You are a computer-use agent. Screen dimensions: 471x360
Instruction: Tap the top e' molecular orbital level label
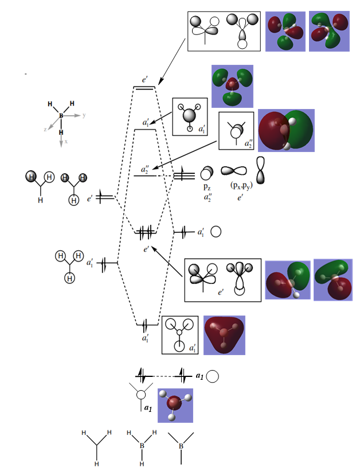[145, 80]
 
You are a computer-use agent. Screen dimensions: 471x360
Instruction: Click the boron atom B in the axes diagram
[61, 115]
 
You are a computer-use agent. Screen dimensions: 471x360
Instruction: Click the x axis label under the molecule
[66, 141]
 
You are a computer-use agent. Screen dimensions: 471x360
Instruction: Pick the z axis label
[45, 130]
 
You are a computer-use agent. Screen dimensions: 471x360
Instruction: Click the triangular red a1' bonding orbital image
[224, 334]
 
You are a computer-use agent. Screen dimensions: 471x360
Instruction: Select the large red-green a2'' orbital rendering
[286, 130]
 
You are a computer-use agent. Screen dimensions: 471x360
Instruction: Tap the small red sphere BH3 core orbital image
[175, 405]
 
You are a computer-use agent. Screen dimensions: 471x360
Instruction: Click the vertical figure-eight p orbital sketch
[261, 170]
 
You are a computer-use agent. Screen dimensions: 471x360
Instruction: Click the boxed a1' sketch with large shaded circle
[190, 116]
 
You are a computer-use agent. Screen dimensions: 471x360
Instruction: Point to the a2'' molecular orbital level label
[146, 170]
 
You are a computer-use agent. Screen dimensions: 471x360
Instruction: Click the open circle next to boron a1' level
[216, 232]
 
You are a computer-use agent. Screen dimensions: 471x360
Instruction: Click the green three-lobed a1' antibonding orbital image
[232, 86]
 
